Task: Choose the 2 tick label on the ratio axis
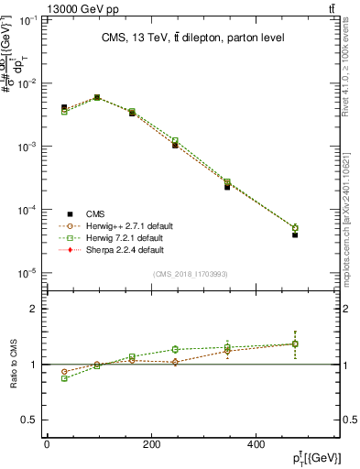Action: pyautogui.click(x=33, y=309)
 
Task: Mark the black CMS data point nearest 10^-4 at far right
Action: pyautogui.click(x=295, y=235)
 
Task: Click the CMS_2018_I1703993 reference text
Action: pyautogui.click(x=191, y=274)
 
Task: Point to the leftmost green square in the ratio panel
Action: pyautogui.click(x=64, y=377)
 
